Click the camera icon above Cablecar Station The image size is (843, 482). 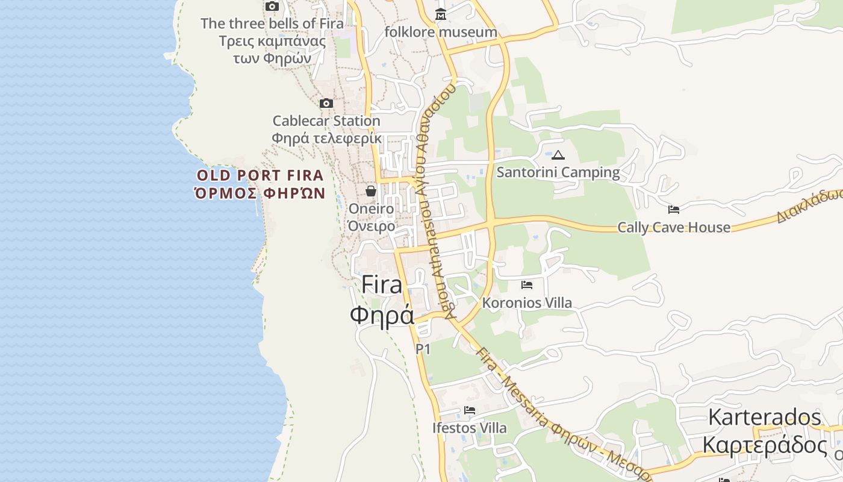pyautogui.click(x=326, y=104)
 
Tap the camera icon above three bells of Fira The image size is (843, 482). pyautogui.click(x=272, y=7)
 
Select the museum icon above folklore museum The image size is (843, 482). pyautogui.click(x=441, y=14)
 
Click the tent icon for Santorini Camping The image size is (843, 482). pyautogui.click(x=558, y=155)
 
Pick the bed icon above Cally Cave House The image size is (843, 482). pyautogui.click(x=674, y=210)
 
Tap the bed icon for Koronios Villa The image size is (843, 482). pyautogui.click(x=527, y=284)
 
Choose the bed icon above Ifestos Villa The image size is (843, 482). pyautogui.click(x=470, y=410)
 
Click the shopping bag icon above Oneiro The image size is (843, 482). pyautogui.click(x=371, y=191)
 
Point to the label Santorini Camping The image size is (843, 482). pyautogui.click(x=558, y=172)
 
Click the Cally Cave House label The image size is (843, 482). pyautogui.click(x=674, y=227)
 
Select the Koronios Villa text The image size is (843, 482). pyautogui.click(x=527, y=302)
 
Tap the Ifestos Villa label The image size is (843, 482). pyautogui.click(x=470, y=428)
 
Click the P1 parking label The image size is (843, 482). pyautogui.click(x=423, y=349)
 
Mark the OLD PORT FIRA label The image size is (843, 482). pyautogui.click(x=261, y=175)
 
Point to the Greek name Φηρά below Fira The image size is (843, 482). pyautogui.click(x=382, y=315)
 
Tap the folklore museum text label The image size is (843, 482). pyautogui.click(x=441, y=32)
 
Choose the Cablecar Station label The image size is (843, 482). pyautogui.click(x=326, y=120)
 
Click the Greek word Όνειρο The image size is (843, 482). pyautogui.click(x=372, y=226)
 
